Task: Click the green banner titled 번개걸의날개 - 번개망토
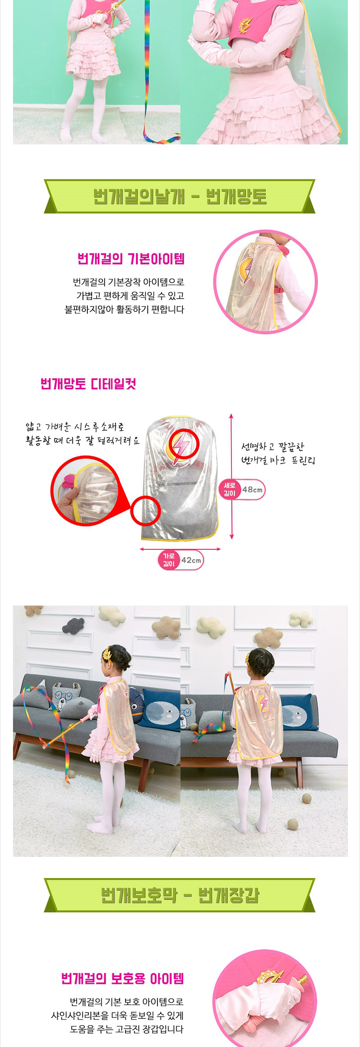tap(180, 196)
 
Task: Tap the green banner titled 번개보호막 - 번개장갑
tap(180, 895)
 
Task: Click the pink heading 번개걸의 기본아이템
tap(131, 259)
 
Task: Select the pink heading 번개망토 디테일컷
tap(88, 384)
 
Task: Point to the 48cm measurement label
tap(253, 490)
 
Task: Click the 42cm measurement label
tap(191, 560)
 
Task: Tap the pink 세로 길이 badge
tap(230, 490)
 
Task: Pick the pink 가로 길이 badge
tap(169, 560)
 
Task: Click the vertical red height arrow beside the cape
tap(231, 476)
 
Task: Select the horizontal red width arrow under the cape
tap(180, 549)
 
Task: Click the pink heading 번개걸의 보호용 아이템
tap(123, 978)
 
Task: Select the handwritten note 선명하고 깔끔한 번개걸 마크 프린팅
tap(278, 454)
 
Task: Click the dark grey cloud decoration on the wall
tap(73, 626)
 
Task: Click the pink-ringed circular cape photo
tap(265, 281)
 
